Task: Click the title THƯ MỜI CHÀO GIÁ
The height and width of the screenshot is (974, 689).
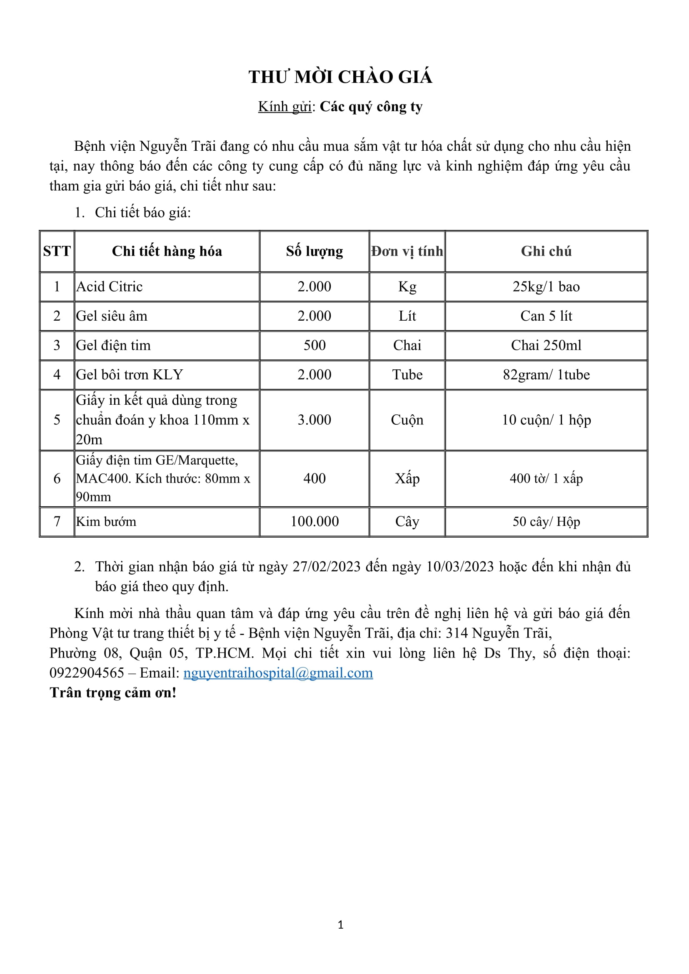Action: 340,77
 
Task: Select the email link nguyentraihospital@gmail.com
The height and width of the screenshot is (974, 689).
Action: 278,673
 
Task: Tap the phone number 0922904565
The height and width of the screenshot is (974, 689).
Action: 87,673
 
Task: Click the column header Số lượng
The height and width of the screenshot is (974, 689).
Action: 315,251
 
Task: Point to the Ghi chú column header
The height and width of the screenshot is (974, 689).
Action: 546,251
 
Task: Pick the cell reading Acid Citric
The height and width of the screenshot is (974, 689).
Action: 110,287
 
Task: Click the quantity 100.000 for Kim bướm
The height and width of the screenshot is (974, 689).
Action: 315,521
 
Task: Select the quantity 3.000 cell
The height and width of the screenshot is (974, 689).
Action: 315,420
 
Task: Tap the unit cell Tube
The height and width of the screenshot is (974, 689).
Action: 407,375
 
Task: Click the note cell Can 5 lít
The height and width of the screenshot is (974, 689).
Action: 546,316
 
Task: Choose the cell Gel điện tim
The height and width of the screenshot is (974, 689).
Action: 113,345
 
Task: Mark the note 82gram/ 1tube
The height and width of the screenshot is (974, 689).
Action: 546,375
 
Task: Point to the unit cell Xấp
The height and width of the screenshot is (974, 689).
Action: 407,478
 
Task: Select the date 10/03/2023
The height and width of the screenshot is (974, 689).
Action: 460,567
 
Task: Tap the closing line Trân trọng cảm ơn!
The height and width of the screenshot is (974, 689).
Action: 113,693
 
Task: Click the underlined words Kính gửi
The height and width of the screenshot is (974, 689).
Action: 285,107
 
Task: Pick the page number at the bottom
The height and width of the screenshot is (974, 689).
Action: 341,925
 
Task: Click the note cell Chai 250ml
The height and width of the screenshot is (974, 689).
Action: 546,345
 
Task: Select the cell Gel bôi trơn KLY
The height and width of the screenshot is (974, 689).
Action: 130,375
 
